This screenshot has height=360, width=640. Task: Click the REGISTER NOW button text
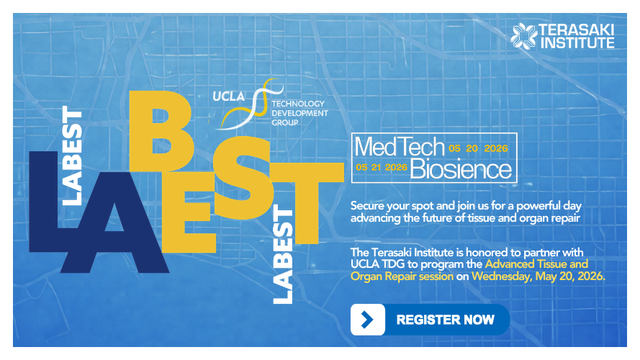click(x=445, y=319)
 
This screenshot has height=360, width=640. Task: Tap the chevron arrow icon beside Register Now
click(x=367, y=320)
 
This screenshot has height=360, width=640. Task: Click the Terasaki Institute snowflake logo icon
click(x=524, y=36)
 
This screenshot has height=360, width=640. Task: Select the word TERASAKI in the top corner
click(x=577, y=30)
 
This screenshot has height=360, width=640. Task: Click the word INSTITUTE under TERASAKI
click(x=577, y=42)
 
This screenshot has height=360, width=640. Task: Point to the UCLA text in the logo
click(x=230, y=96)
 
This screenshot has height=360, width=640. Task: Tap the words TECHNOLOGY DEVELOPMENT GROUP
click(x=299, y=112)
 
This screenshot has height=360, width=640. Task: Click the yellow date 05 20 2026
click(x=479, y=148)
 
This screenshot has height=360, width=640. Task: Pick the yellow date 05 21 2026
click(x=382, y=167)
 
